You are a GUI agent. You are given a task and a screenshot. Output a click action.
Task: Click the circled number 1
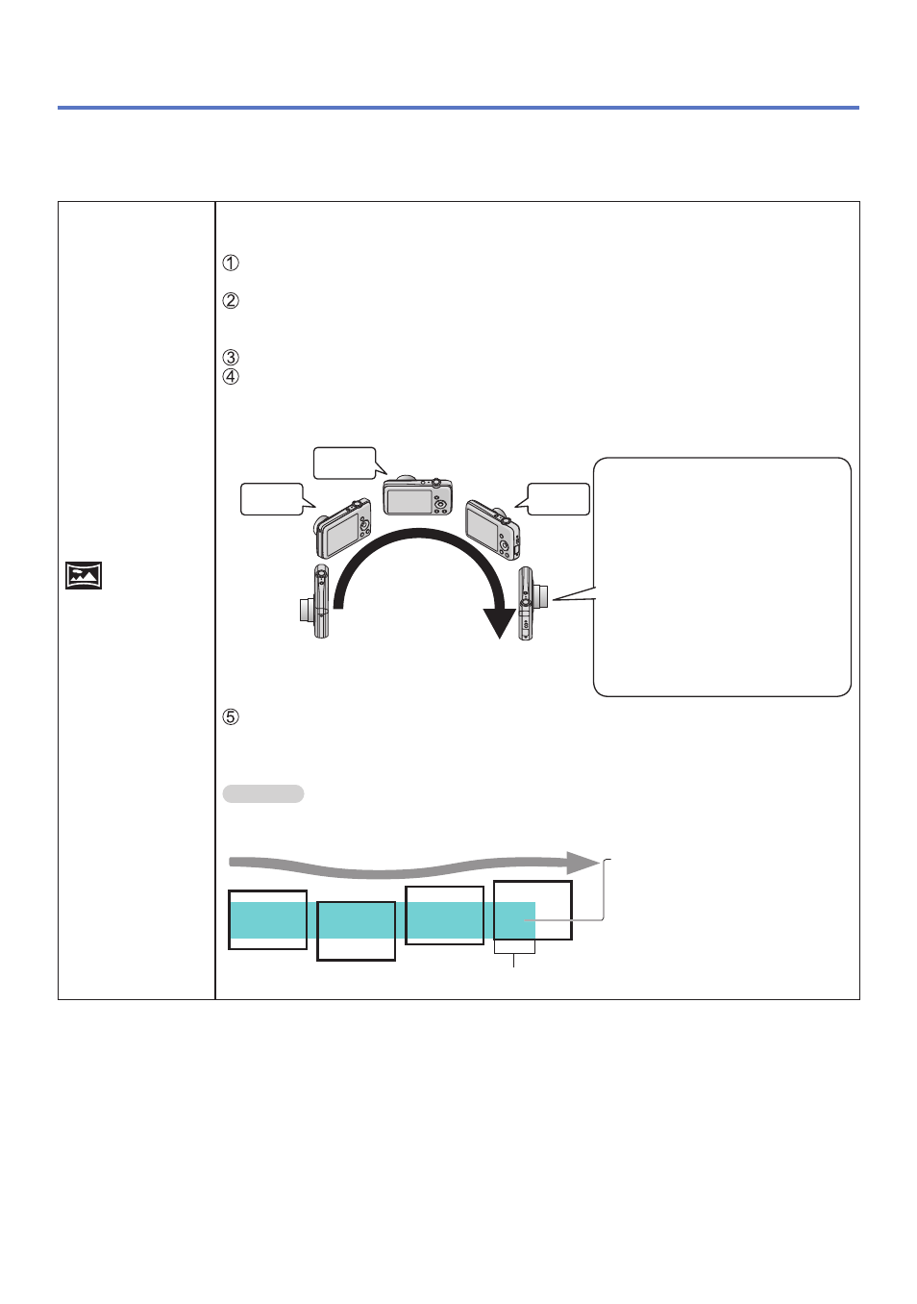coord(231,263)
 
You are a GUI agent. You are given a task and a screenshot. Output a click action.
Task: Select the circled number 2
coord(231,301)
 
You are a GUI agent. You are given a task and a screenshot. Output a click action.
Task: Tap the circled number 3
coord(231,357)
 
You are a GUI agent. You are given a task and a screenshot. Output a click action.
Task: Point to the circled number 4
coord(231,377)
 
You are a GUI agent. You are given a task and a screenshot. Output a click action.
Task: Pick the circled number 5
coord(231,717)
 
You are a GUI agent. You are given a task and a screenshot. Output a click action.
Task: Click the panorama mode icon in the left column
coord(84,575)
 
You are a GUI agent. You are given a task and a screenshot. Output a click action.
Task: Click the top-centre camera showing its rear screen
coord(417,496)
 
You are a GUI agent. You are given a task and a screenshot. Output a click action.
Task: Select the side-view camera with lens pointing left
coord(314,601)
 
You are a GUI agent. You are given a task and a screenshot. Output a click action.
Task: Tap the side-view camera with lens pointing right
coord(533,603)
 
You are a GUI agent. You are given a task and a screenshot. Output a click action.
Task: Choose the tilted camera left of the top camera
coord(343,528)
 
